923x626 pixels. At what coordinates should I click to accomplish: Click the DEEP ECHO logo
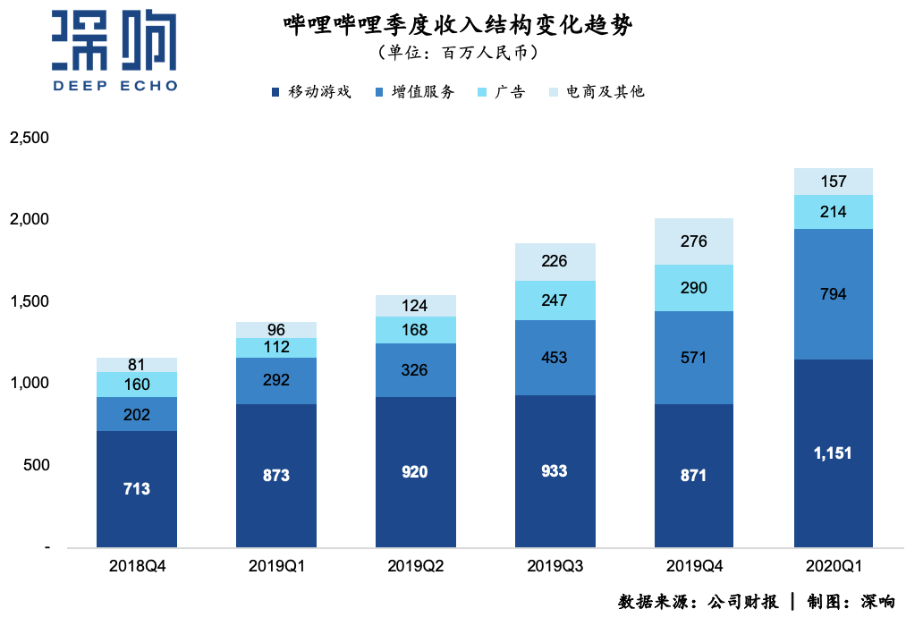click(x=114, y=51)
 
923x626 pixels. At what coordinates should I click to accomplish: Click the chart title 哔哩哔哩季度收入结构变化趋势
click(x=457, y=25)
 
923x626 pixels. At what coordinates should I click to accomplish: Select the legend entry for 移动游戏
click(x=310, y=91)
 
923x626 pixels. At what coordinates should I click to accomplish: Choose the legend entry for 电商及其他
click(x=596, y=91)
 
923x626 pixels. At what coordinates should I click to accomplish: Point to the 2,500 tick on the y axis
click(x=29, y=138)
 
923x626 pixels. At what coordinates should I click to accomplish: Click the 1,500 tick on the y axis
click(x=29, y=301)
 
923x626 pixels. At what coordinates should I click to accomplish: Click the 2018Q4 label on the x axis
click(x=137, y=566)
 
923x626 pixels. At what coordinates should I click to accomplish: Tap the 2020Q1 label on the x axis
click(x=833, y=566)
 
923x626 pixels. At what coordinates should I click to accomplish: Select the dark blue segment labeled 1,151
click(x=833, y=453)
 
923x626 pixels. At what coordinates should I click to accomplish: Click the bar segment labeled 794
click(x=833, y=294)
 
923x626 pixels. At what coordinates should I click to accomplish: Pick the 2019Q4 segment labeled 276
click(x=693, y=241)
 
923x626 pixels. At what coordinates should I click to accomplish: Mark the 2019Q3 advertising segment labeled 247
click(x=555, y=300)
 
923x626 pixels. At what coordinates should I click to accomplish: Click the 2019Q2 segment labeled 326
click(x=415, y=369)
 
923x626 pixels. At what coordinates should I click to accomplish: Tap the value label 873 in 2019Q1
click(x=275, y=476)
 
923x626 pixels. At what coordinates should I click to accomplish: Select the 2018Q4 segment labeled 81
click(x=137, y=365)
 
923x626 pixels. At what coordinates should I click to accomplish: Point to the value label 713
click(x=137, y=489)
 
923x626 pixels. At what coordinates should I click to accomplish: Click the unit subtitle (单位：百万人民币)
click(x=457, y=54)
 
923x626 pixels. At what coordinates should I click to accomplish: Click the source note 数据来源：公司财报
click(x=698, y=602)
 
